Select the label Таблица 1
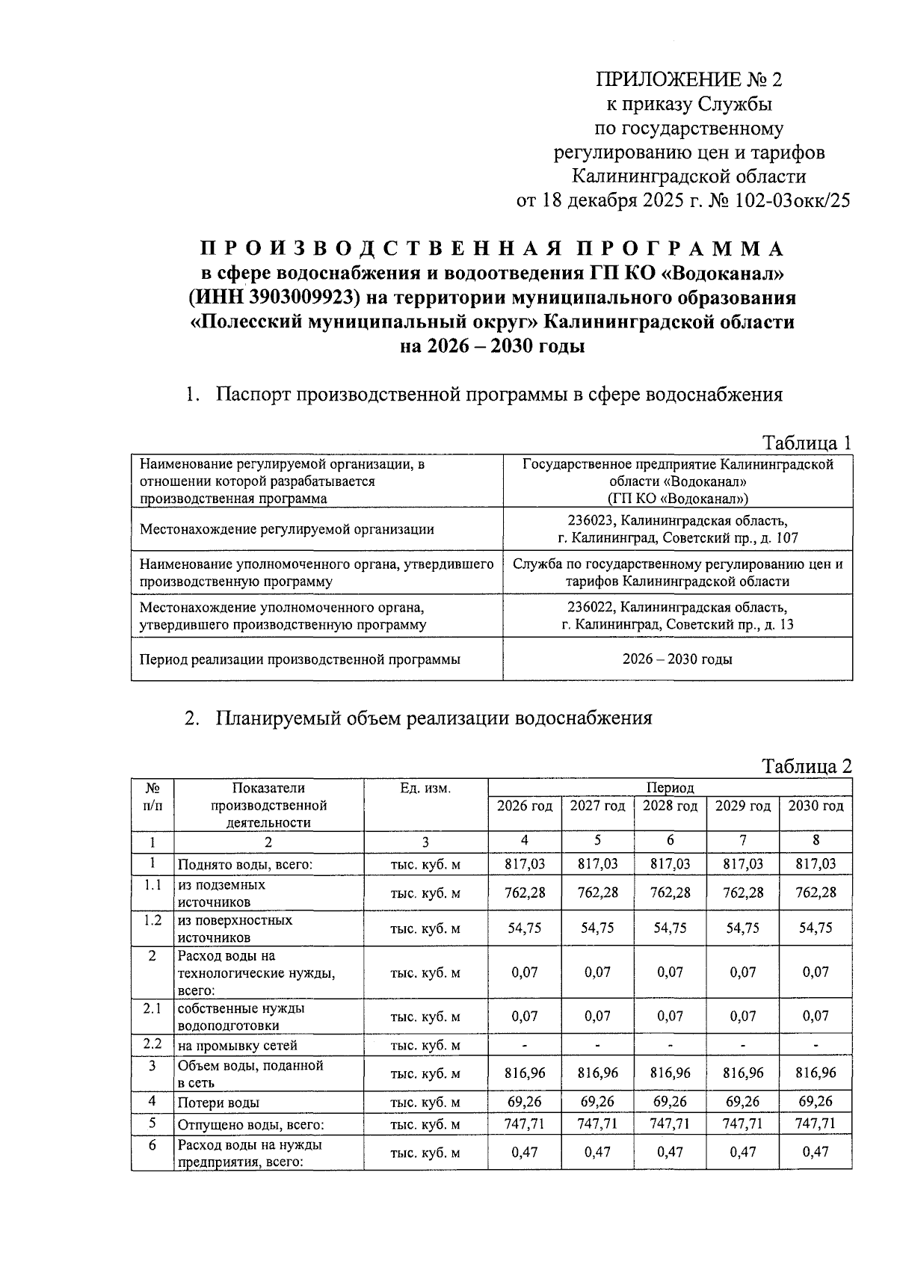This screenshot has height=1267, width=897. pyautogui.click(x=807, y=443)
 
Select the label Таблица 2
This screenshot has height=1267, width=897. pyautogui.click(x=807, y=766)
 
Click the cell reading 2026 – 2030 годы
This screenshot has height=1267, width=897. pyautogui.click(x=677, y=659)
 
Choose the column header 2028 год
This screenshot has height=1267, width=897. pyautogui.click(x=670, y=806)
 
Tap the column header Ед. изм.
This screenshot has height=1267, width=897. pyautogui.click(x=425, y=788)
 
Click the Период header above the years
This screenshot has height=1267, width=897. pyautogui.click(x=670, y=787)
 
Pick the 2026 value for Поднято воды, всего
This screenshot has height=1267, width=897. pyautogui.click(x=524, y=864)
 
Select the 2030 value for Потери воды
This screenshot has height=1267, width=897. pyautogui.click(x=816, y=1102)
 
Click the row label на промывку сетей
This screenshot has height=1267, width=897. pyautogui.click(x=237, y=1046)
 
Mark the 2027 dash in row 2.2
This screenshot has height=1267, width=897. pyautogui.click(x=597, y=1045)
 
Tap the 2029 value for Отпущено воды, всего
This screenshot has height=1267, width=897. pyautogui.click(x=743, y=1123)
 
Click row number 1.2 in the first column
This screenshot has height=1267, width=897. pyautogui.click(x=152, y=920)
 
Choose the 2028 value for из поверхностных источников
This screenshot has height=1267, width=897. pyautogui.click(x=670, y=928)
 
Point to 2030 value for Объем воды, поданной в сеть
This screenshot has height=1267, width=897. pyautogui.click(x=816, y=1073)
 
